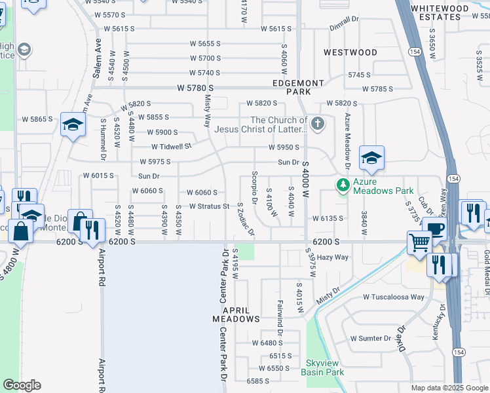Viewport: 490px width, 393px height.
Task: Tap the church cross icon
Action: tap(317, 124)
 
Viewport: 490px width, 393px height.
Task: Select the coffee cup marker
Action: tap(434, 229)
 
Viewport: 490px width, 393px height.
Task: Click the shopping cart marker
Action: tap(419, 243)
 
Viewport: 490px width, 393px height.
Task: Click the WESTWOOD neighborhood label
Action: tap(350, 52)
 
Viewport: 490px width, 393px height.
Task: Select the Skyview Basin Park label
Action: tap(322, 367)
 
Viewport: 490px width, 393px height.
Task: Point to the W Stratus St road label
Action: tap(208, 206)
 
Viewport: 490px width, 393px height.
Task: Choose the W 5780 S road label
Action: tap(196, 88)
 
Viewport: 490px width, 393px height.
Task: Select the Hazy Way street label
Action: tap(333, 257)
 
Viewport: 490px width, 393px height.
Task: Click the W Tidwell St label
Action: tap(171, 146)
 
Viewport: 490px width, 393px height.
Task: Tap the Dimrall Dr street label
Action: tap(345, 26)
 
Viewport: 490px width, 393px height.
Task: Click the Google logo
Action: tap(22, 384)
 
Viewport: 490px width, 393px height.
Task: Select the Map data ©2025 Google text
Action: tap(449, 388)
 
